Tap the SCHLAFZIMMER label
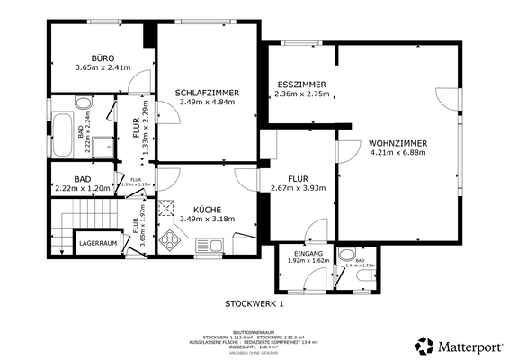207,91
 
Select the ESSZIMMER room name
299,85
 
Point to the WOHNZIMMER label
397,143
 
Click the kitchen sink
208,245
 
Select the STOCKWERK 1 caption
254,304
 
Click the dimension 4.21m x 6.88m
397,154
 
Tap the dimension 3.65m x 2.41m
92,67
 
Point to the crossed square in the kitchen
166,208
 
